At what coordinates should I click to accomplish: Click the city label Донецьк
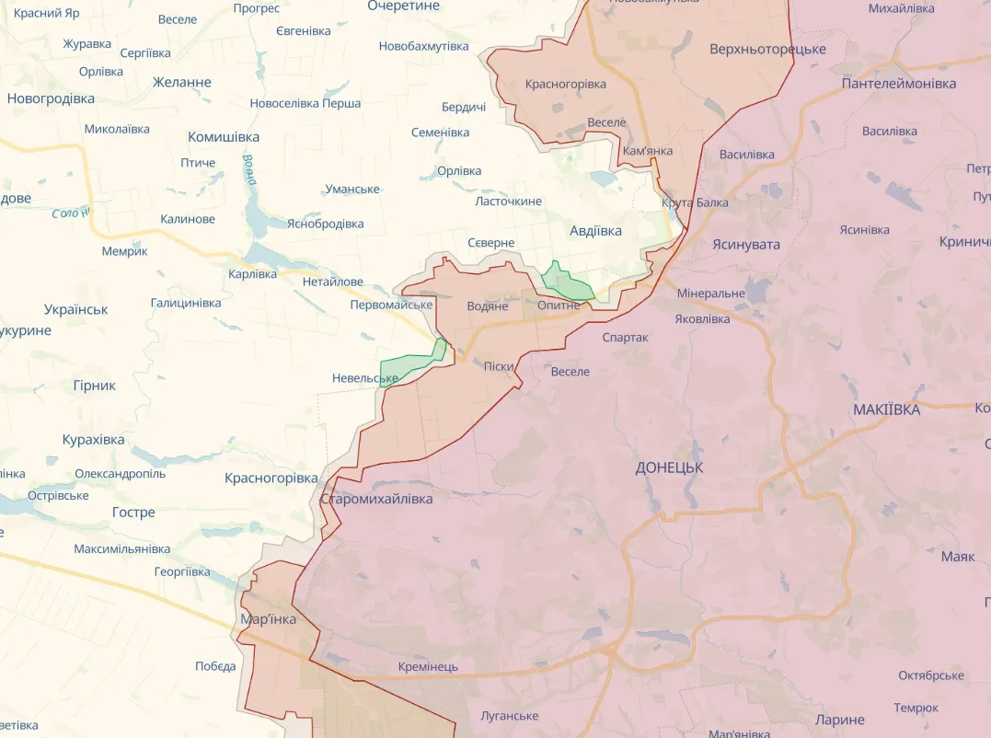tap(669, 467)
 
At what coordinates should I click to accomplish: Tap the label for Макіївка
tap(886, 409)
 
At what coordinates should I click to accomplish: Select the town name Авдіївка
tap(595, 231)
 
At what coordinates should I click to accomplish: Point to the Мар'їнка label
tap(268, 619)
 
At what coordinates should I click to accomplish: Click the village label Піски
tap(499, 366)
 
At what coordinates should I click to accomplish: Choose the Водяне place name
tap(488, 306)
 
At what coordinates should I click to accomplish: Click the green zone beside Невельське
tap(409, 367)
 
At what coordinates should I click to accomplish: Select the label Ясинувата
tap(745, 244)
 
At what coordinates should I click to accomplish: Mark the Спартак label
tap(625, 338)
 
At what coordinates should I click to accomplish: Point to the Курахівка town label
tap(93, 440)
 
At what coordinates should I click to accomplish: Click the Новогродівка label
tap(51, 98)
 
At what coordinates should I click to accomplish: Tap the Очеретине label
tap(403, 6)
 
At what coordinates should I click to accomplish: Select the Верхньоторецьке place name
tap(767, 49)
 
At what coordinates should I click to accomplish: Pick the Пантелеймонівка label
tap(898, 83)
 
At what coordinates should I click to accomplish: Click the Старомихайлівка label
tap(376, 499)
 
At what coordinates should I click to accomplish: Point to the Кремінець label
tap(428, 666)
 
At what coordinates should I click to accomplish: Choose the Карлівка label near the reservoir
tap(252, 274)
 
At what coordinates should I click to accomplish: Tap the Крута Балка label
tap(695, 202)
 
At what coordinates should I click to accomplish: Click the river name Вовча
tap(248, 168)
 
